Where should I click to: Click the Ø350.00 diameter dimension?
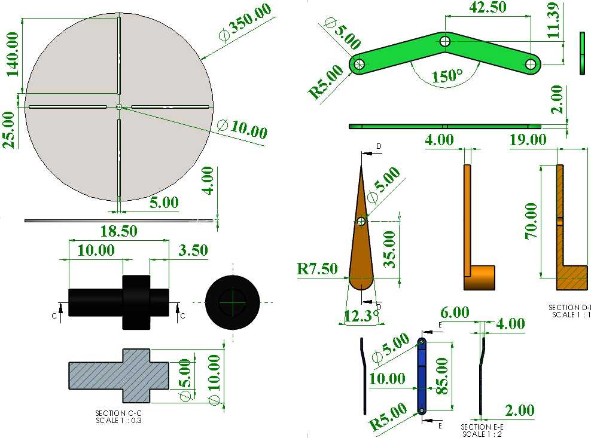[x=245, y=23]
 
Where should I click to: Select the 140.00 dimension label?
[x=12, y=54]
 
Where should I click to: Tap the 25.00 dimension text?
[x=10, y=130]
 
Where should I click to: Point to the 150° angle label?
[x=447, y=76]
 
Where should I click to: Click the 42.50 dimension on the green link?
[x=488, y=7]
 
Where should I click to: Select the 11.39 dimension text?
[x=554, y=20]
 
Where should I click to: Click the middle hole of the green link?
[x=445, y=41]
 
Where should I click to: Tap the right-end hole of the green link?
[x=531, y=64]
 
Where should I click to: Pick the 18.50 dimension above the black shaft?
[x=118, y=231]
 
